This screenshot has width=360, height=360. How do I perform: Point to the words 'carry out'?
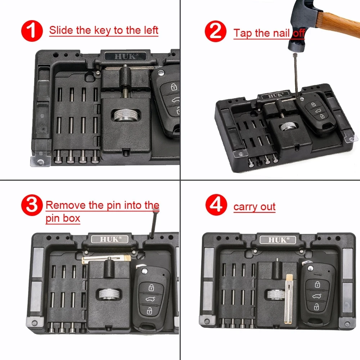254,207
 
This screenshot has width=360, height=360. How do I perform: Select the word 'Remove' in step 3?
66,206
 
